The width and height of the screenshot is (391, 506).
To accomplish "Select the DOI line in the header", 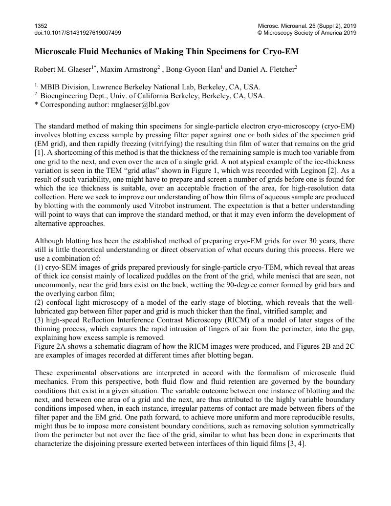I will pos(78,33).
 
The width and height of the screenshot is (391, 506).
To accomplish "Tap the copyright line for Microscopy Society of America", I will pos(307,33).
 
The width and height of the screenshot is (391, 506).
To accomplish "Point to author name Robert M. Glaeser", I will pos(63,70).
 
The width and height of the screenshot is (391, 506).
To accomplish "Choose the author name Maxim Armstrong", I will pos(127,70).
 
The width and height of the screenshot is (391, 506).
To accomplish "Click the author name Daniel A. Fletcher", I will pos(266,70).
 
